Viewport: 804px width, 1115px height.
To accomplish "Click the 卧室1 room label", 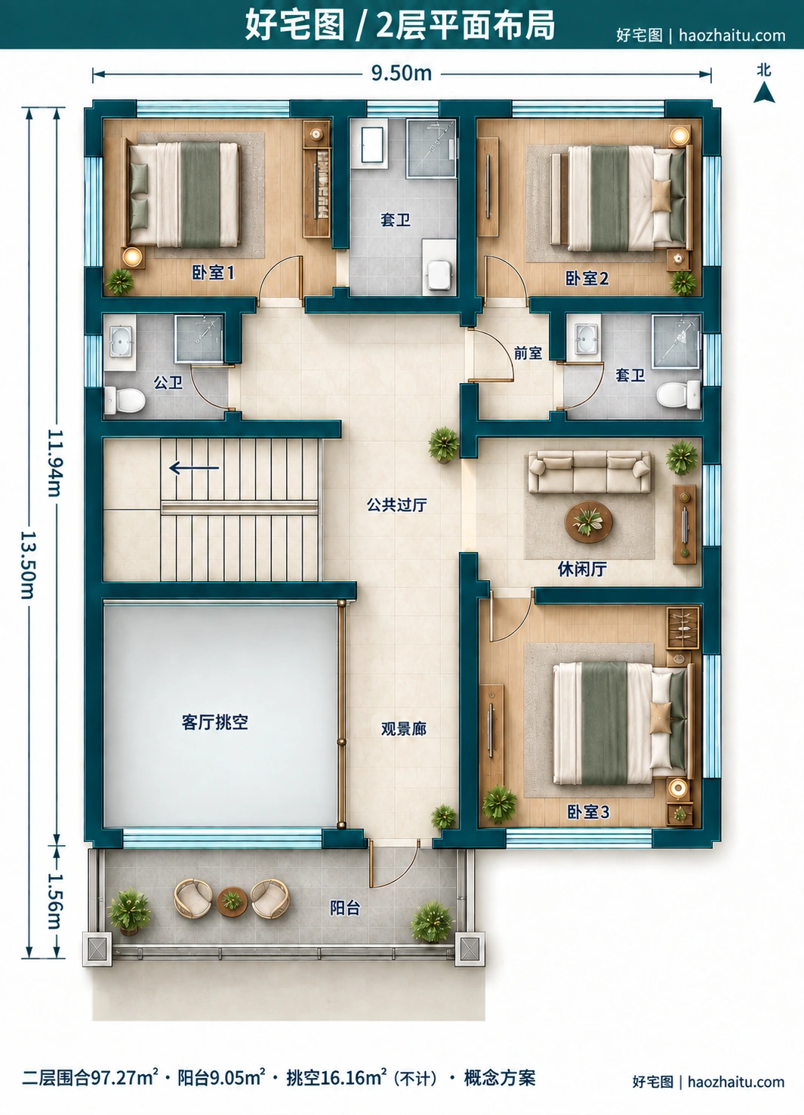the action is [x=213, y=272].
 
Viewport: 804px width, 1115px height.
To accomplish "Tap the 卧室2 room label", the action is [x=587, y=278].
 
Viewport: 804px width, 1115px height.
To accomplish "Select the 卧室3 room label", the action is [x=588, y=812].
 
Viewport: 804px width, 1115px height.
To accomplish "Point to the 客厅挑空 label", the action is [x=215, y=721].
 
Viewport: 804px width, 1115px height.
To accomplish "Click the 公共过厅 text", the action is [x=396, y=505].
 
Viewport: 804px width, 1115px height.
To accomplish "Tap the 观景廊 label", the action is [x=403, y=729].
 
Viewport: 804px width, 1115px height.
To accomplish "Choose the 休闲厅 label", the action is [x=581, y=569].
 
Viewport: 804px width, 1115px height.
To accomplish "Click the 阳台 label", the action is [x=345, y=908].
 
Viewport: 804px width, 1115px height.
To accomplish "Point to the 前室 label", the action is [x=528, y=353].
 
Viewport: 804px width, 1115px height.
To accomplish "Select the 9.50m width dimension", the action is [x=402, y=73].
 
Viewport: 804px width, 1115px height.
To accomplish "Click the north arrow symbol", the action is [x=764, y=93].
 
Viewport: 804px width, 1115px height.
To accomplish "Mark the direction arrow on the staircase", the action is [x=194, y=468].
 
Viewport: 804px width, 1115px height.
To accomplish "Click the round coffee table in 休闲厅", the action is [x=589, y=522].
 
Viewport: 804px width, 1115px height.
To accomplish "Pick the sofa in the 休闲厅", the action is [x=590, y=471].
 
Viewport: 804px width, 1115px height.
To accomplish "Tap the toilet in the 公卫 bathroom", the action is [x=125, y=400].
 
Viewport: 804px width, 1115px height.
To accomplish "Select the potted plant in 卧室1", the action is [x=119, y=282].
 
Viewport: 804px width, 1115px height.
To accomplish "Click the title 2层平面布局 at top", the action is [x=465, y=25].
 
